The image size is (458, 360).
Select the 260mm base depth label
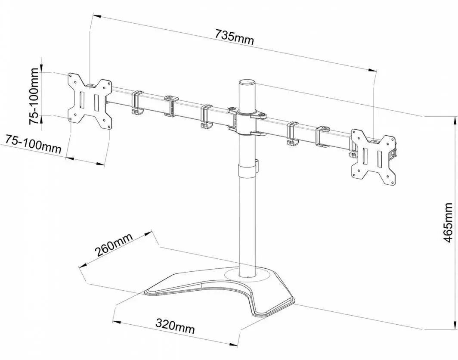click(114, 245)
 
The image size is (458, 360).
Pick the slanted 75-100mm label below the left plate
click(32, 144)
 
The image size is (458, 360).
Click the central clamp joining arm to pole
click(247, 121)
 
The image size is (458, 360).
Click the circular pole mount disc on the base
click(248, 275)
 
